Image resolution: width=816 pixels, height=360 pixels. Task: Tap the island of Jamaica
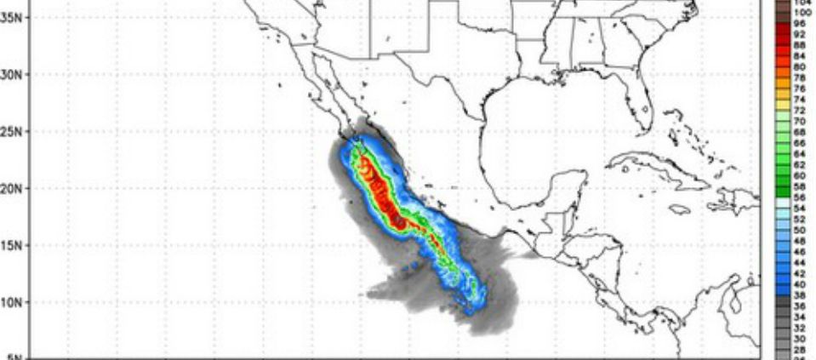(x=680, y=209)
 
